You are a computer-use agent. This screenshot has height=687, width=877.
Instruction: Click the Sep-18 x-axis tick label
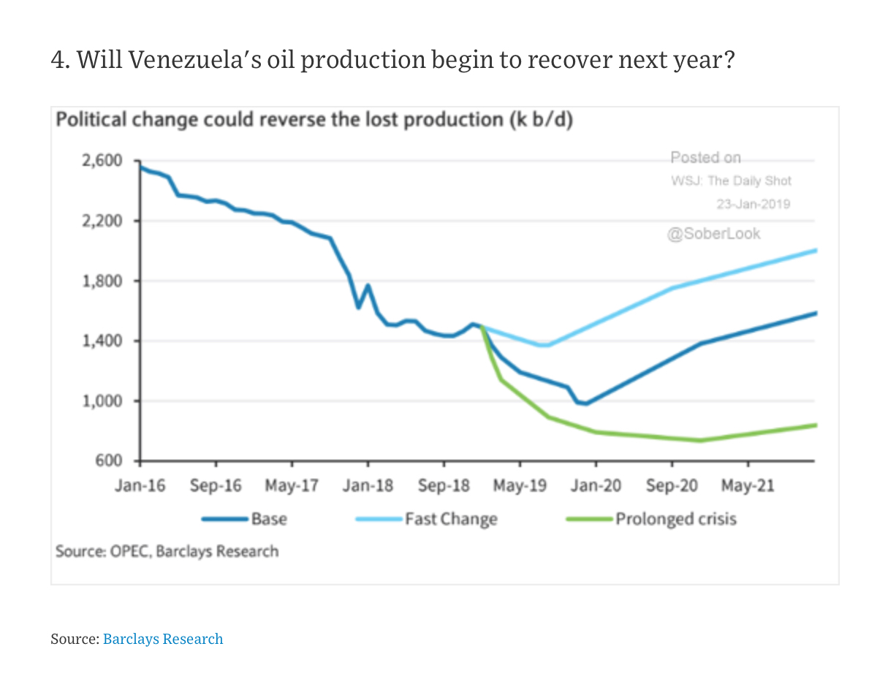(x=444, y=486)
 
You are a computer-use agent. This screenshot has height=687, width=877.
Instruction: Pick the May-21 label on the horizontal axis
(x=748, y=486)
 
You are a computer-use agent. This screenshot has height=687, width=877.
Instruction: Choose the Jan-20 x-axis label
(x=596, y=486)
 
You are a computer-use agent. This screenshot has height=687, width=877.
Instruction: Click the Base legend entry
(x=269, y=520)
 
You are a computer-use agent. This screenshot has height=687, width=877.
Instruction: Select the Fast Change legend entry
(x=451, y=520)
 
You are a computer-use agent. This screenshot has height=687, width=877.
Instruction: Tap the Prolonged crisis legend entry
(x=675, y=520)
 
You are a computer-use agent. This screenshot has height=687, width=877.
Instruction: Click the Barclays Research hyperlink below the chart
(x=163, y=639)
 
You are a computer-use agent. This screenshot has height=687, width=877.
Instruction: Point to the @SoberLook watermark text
(x=713, y=234)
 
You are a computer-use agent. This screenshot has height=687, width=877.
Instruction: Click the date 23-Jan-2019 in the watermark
(x=753, y=205)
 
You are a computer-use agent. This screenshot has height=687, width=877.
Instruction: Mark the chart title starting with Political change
(x=314, y=120)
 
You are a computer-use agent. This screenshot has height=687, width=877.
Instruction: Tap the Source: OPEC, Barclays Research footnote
(x=167, y=551)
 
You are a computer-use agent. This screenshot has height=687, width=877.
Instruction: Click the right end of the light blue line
(x=815, y=251)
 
